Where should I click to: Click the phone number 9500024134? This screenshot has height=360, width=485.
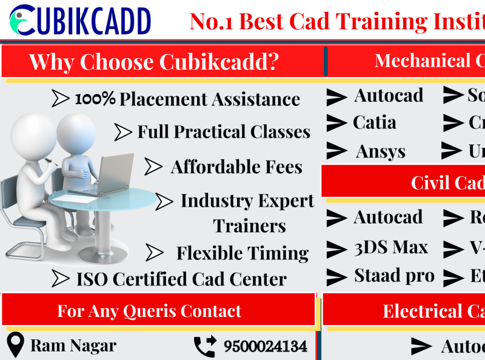click(x=265, y=347)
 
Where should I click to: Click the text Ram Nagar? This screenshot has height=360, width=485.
click(x=73, y=346)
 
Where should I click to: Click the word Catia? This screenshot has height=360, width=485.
click(x=375, y=123)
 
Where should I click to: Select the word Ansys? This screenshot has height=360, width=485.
click(x=381, y=152)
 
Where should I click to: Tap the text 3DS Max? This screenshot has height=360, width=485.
click(x=391, y=248)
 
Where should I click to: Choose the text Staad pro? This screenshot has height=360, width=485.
click(x=394, y=276)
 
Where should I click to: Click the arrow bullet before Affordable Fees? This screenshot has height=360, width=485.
click(x=153, y=167)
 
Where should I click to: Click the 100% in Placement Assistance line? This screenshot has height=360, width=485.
click(x=95, y=99)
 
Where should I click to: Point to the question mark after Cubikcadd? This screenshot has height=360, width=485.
click(x=272, y=62)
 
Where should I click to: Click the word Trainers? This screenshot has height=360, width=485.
click(x=249, y=226)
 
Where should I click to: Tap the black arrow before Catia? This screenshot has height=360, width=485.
click(x=336, y=123)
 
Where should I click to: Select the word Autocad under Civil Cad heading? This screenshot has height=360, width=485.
click(x=388, y=218)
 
